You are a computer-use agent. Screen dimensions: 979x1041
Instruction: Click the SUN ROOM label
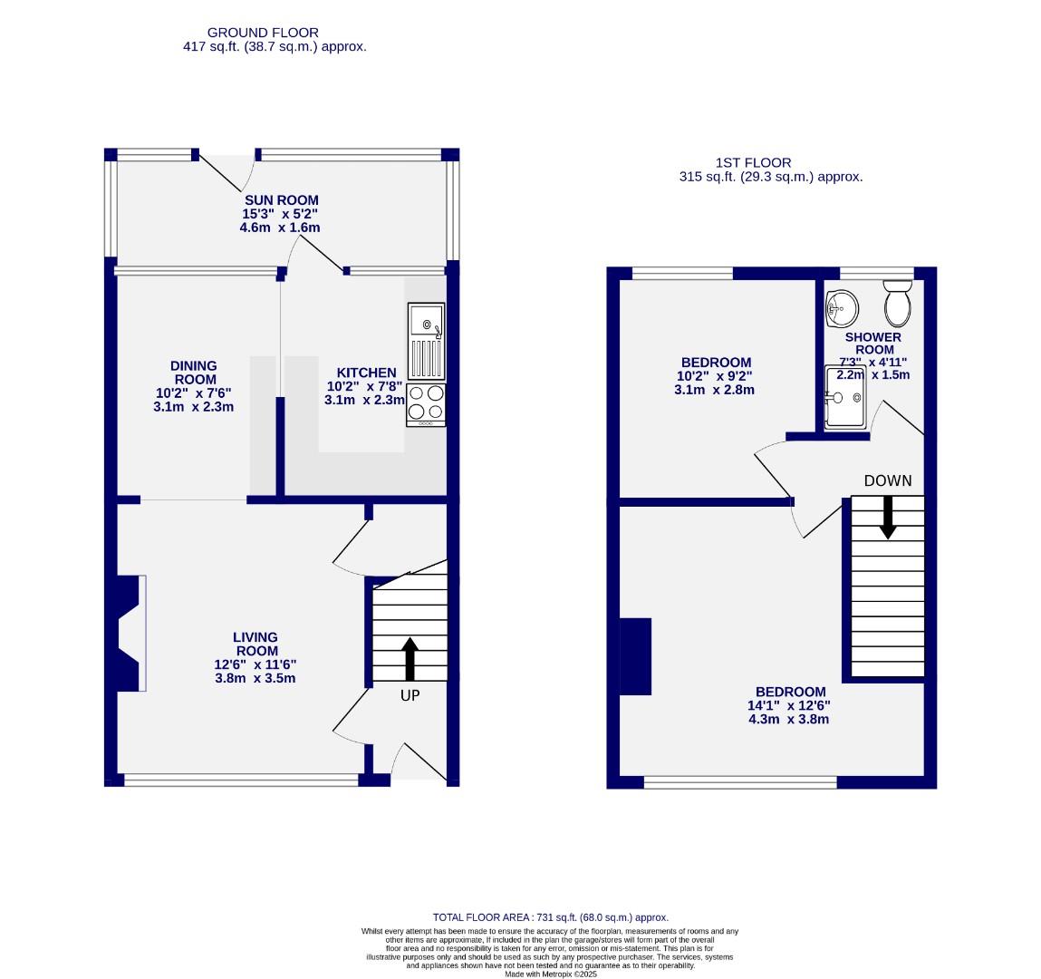coord(281,200)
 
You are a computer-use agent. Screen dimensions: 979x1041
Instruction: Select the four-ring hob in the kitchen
coord(426,404)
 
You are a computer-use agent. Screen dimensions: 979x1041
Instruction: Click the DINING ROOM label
coord(194,373)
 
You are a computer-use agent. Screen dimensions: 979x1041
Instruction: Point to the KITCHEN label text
coord(366,373)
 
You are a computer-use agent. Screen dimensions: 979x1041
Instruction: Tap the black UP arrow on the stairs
coord(410,659)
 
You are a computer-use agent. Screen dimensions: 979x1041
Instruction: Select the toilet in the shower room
coord(897,303)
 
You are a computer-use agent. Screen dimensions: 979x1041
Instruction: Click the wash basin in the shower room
coord(842,308)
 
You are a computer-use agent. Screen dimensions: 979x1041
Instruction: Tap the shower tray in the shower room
coord(845,396)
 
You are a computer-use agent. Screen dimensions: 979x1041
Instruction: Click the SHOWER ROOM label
coord(873,344)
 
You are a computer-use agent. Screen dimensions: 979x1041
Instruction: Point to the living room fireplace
coord(128,634)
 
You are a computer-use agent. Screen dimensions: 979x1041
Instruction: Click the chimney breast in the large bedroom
coord(636,655)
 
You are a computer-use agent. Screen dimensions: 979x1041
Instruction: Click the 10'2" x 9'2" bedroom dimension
coord(715,376)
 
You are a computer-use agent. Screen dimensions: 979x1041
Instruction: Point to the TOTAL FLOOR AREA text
coord(550,917)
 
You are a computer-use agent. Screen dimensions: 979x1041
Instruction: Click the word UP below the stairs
coord(410,695)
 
